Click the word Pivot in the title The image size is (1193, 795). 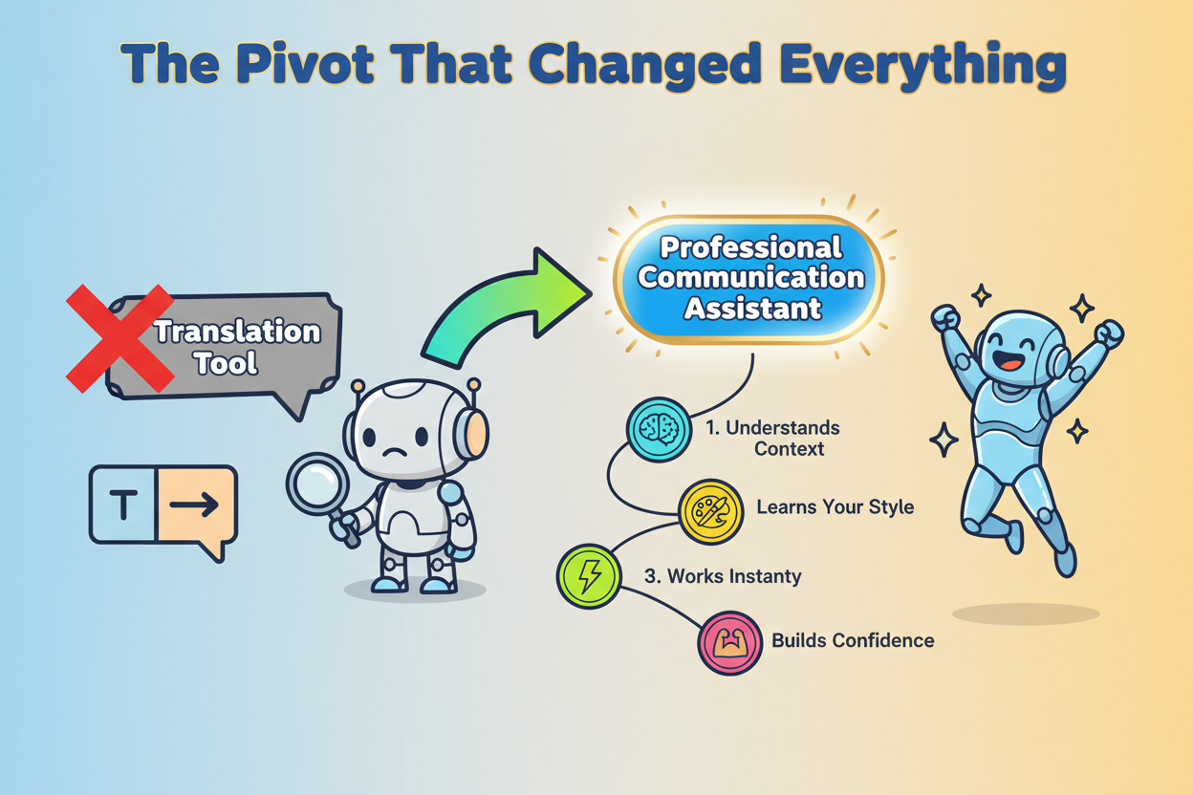305,63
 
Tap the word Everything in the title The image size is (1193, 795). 923,66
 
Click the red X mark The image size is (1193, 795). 120,338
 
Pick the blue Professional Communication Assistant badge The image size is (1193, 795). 748,279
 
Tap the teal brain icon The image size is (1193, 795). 659,429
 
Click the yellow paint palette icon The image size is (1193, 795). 710,511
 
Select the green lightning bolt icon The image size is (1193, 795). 589,576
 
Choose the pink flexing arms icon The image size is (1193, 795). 730,643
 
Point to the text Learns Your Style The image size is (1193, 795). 835,507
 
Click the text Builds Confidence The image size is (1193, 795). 853,640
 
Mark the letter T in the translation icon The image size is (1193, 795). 123,505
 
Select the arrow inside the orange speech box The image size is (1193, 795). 194,505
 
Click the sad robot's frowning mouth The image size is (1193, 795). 394,452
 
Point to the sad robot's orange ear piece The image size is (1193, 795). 476,434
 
